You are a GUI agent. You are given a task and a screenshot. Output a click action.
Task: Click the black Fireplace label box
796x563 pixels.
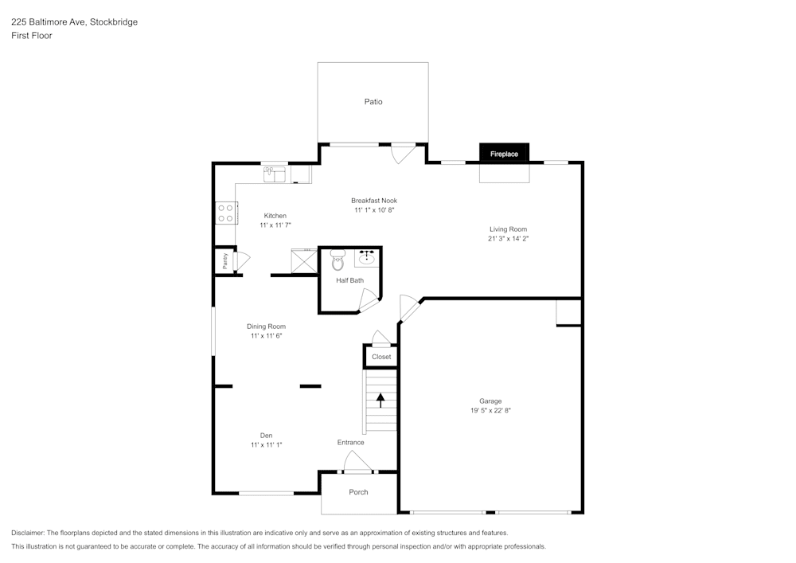point(504,154)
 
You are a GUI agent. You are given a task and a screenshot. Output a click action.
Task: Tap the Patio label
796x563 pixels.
point(373,102)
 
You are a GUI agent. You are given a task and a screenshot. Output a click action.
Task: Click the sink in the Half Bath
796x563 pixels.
point(367,258)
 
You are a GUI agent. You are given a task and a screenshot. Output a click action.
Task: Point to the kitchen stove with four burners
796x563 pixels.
point(225,213)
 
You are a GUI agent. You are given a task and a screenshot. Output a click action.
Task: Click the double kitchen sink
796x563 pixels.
point(275,173)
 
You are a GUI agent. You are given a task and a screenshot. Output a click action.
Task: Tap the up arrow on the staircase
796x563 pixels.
point(380,399)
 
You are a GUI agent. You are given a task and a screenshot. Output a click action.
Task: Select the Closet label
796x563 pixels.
point(381,357)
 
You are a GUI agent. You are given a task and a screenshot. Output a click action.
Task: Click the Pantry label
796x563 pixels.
point(225,261)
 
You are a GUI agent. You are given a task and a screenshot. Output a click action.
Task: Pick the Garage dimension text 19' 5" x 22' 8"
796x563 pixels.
point(490,411)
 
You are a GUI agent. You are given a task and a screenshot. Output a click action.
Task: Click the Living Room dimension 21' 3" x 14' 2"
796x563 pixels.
point(508,238)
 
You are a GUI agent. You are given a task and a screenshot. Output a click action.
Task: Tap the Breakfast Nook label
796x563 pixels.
point(374,201)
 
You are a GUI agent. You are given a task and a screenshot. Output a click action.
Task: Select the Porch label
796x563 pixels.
point(358,492)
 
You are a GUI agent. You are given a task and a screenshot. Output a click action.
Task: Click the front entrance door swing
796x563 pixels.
point(356,461)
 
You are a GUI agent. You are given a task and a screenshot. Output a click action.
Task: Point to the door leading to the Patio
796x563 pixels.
point(403,153)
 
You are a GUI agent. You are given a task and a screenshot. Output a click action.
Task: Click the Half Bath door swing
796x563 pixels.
point(369,300)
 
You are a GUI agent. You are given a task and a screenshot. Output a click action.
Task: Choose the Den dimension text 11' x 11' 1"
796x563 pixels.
point(267,445)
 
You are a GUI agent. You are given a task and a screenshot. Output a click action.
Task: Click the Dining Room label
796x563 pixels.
point(266,326)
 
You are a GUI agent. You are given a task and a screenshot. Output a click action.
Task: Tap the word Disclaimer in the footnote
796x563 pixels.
point(29,533)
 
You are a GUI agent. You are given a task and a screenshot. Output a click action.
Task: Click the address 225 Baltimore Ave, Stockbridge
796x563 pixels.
point(74,22)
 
